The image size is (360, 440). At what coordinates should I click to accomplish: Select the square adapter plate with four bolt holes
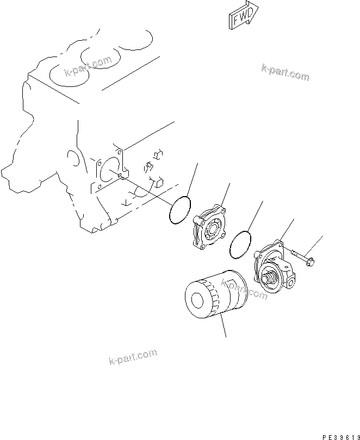coord(209,228)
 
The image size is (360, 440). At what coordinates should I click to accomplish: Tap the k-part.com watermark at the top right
coord(285,72)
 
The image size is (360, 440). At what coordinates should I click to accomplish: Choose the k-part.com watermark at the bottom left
coord(126,359)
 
